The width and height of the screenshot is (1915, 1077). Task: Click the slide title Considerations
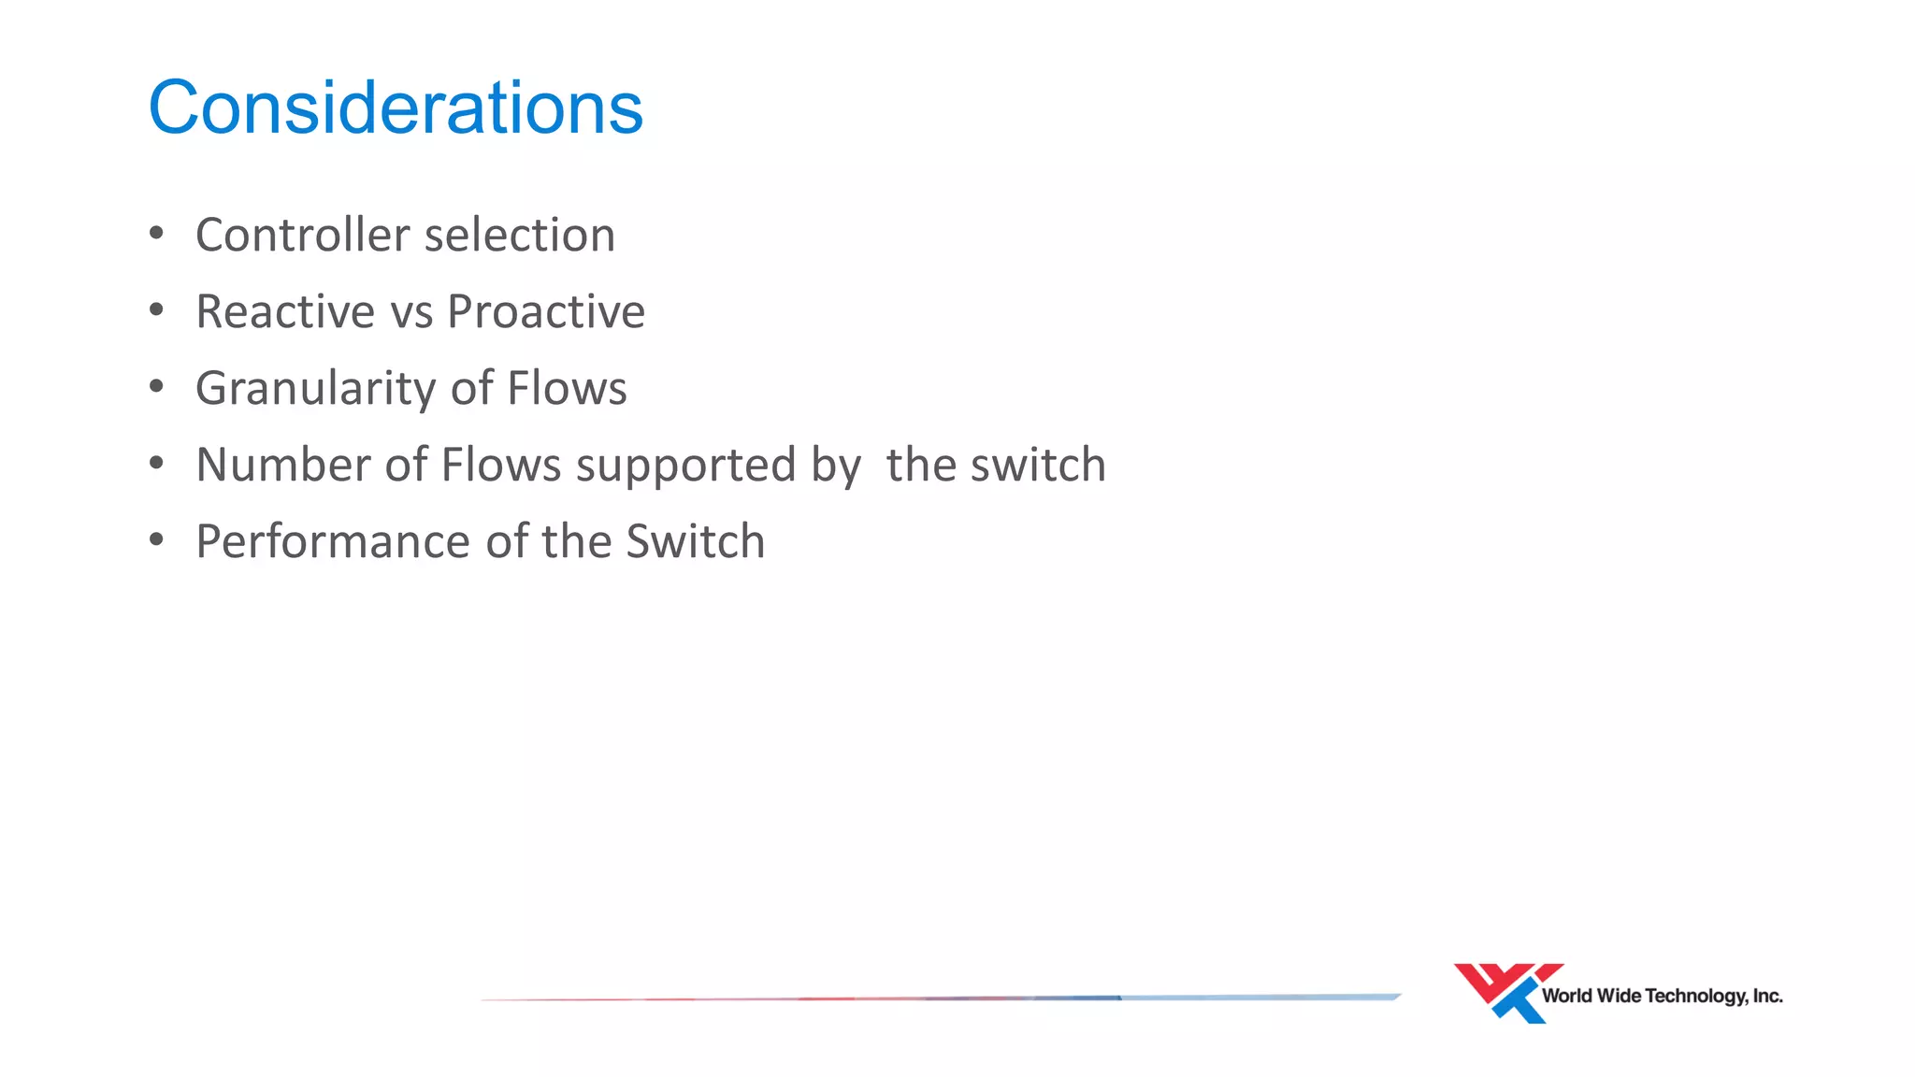coord(396,108)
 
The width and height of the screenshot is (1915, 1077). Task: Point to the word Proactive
coord(546,311)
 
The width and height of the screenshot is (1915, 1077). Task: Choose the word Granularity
coord(315,389)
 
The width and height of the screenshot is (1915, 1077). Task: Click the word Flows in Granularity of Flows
coord(567,388)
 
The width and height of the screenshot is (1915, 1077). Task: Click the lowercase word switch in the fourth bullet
coord(1038,465)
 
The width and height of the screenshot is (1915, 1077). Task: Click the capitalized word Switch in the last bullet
coord(695,541)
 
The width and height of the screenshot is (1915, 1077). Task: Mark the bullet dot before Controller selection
coord(156,233)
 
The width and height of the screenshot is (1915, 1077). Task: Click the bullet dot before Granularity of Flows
coord(156,386)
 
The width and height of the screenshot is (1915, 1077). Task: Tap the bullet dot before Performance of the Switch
coord(156,539)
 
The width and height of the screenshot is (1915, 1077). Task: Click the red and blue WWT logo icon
coord(1505,992)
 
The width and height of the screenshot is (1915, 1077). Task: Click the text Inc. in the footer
coord(1767,997)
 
